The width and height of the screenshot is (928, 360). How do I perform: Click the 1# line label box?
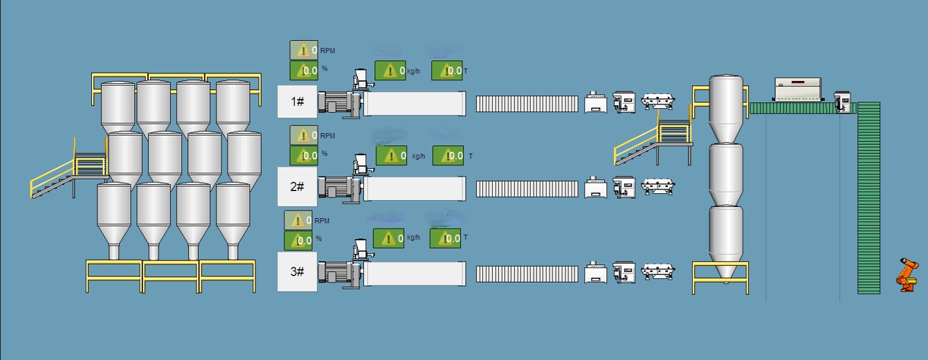(298, 101)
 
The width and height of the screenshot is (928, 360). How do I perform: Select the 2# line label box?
(298, 186)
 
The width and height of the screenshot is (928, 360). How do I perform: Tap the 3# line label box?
(298, 271)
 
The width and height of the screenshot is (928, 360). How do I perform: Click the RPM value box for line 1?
(304, 50)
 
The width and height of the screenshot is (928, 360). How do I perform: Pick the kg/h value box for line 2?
(391, 156)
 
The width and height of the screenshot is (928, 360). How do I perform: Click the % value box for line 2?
(304, 155)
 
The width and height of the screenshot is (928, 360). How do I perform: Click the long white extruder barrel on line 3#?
(414, 273)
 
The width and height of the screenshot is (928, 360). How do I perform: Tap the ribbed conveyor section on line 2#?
(527, 188)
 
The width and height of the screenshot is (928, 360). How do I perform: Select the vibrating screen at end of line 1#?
(657, 102)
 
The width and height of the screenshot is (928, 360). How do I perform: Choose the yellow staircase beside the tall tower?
(650, 142)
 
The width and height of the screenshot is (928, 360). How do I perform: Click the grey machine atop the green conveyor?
(797, 89)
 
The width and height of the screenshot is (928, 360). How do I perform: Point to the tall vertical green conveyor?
(868, 197)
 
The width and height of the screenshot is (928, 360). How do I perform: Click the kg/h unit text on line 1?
(413, 71)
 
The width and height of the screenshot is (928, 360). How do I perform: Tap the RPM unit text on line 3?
(322, 221)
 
